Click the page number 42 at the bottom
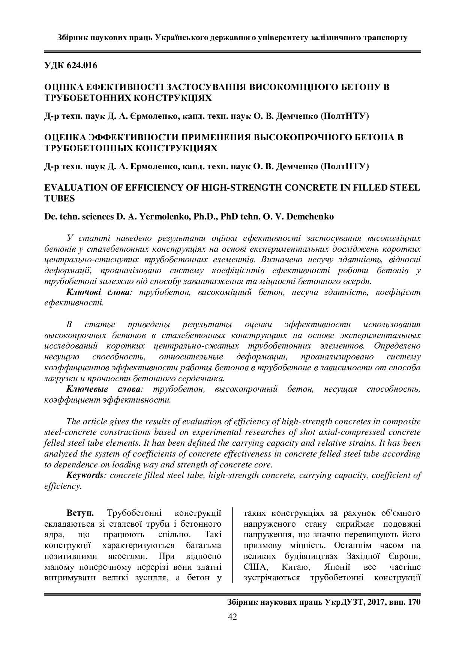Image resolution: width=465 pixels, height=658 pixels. (x=232, y=617)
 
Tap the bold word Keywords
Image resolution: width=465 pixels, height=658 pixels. (x=84, y=475)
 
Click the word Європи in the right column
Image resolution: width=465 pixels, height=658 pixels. (x=404, y=556)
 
